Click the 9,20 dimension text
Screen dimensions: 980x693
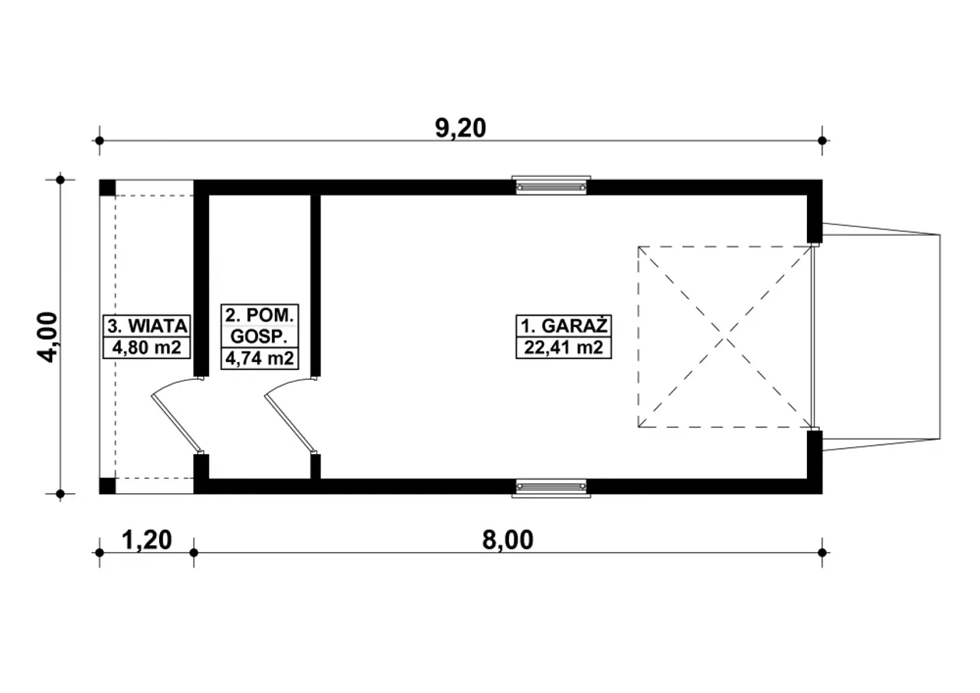[x=460, y=128]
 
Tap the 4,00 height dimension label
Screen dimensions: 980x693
[x=47, y=337]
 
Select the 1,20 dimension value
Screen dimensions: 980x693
[x=146, y=540]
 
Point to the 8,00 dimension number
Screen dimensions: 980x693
[x=508, y=540]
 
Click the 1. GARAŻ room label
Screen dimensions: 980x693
[x=563, y=326]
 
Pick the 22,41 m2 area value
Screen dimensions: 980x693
[x=563, y=348]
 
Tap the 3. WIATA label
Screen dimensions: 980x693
[x=147, y=326]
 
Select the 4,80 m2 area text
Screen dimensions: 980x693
[x=146, y=348]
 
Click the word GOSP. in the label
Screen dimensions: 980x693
[x=259, y=336]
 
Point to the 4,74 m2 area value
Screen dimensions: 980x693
[x=260, y=358]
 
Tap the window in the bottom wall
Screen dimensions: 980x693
[x=551, y=488]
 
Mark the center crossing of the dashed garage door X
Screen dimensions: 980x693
[x=724, y=337]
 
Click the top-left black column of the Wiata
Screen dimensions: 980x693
[x=108, y=188]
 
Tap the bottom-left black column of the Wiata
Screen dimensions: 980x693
[x=108, y=486]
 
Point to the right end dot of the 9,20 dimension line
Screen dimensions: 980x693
[x=822, y=140]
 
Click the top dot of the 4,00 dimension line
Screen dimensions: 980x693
[x=60, y=180]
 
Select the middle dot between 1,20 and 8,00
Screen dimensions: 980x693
[x=194, y=553]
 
